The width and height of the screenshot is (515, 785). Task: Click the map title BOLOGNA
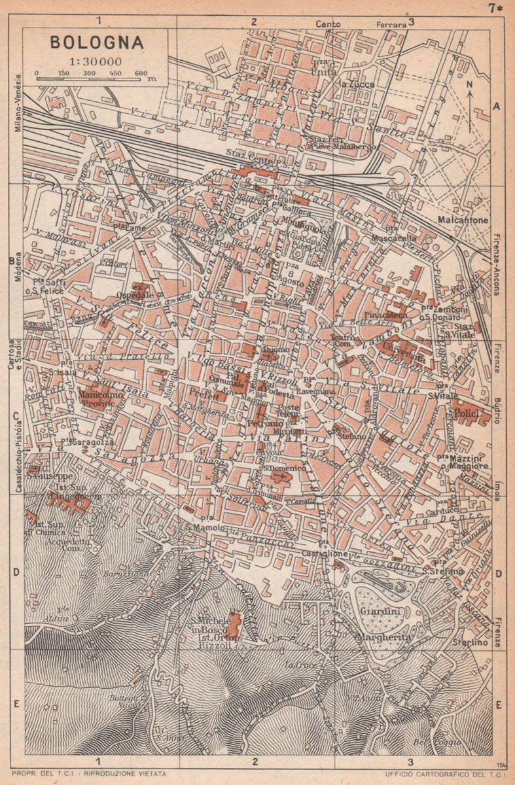click(97, 43)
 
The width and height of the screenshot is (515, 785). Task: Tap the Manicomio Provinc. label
click(98, 400)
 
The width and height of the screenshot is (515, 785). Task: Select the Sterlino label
click(472, 643)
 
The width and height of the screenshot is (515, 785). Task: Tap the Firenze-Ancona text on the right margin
click(497, 264)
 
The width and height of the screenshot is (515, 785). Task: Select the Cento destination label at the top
click(328, 24)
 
